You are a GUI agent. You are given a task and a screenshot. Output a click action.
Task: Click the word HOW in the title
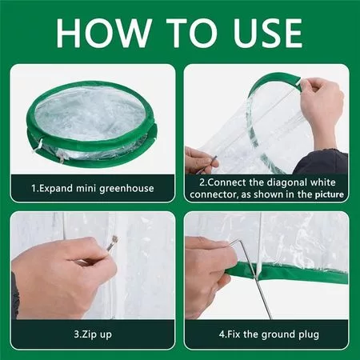(x=103, y=33)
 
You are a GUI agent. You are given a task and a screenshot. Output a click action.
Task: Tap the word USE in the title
(x=268, y=33)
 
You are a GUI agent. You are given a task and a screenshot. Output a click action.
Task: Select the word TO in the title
(x=192, y=33)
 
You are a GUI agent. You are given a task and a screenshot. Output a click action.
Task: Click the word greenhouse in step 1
(x=126, y=189)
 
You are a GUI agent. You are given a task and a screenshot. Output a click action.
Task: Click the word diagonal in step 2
(x=287, y=182)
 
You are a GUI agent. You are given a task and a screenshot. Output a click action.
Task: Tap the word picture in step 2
(x=330, y=194)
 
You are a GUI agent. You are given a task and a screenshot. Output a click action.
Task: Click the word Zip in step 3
(x=89, y=334)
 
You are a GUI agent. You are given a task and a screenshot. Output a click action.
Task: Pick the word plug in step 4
(x=309, y=334)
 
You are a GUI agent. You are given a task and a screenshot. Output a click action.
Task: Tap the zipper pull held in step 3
(x=113, y=243)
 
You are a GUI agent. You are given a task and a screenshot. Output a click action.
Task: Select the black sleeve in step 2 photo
(x=322, y=162)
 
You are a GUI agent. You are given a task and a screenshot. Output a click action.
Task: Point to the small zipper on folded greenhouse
(x=62, y=159)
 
